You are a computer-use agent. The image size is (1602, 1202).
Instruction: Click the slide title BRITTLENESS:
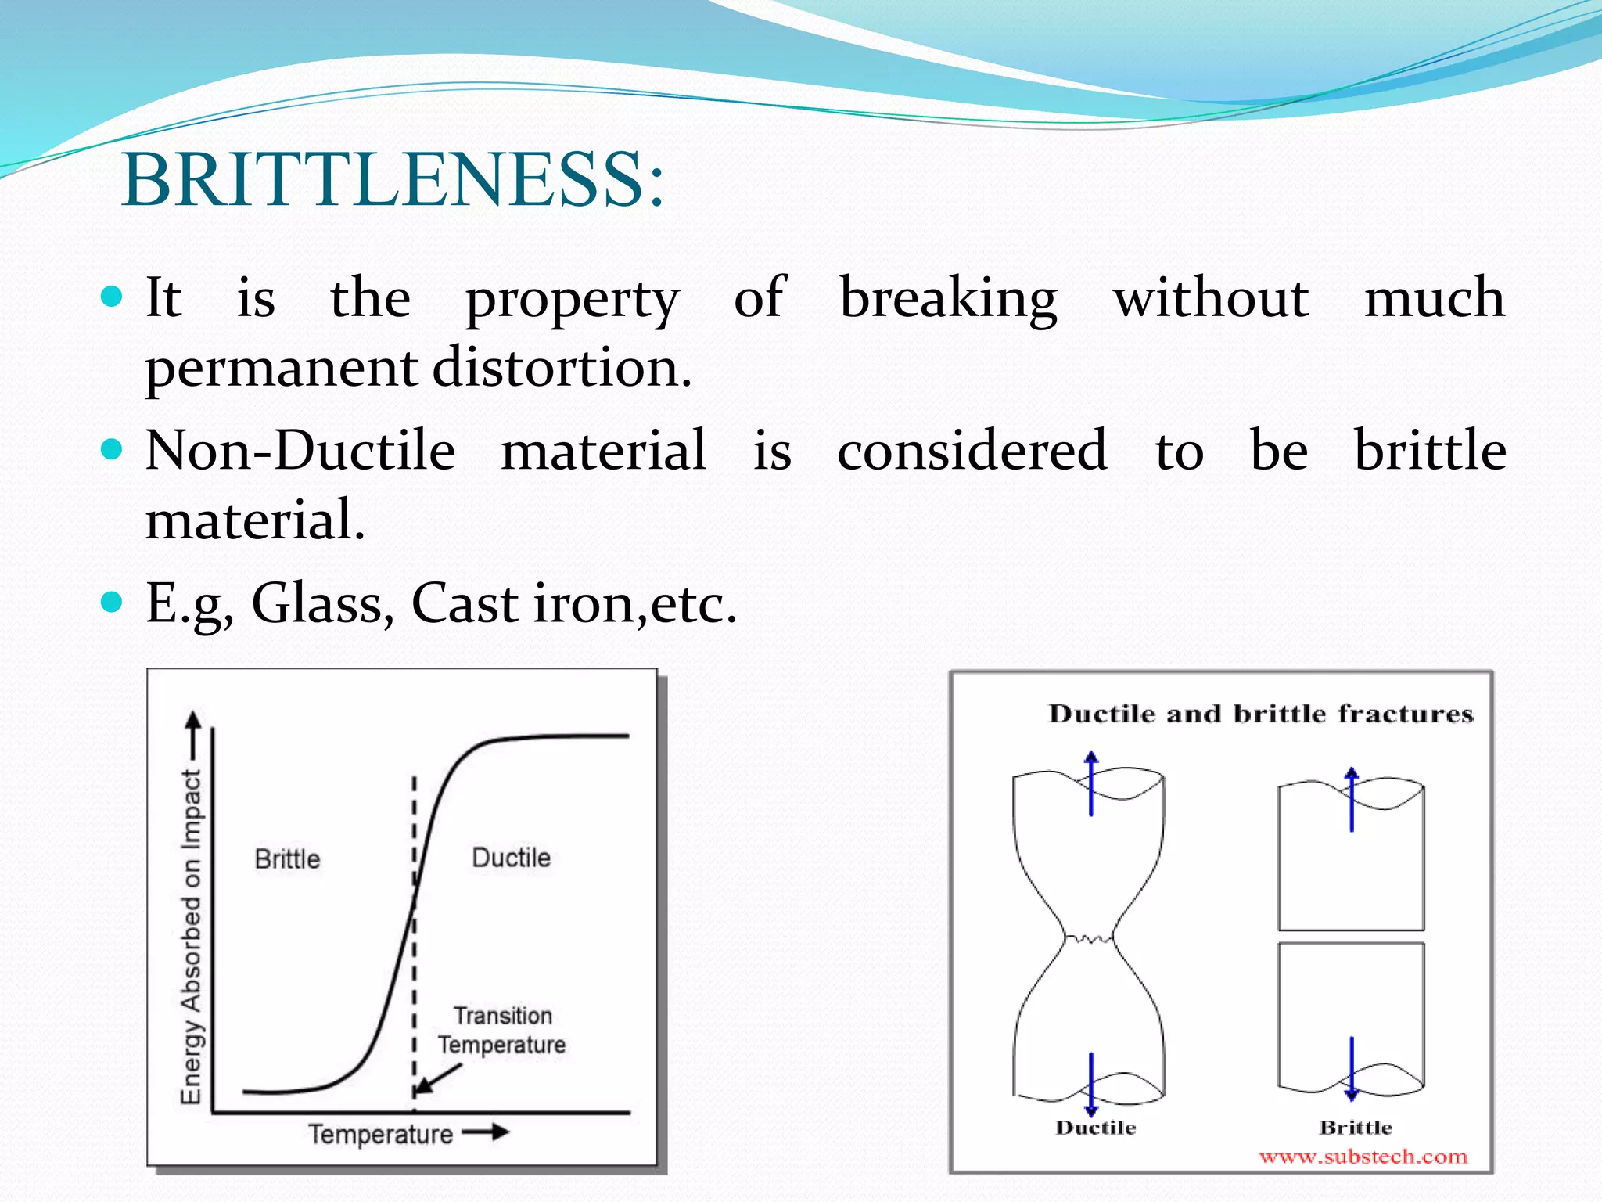click(393, 180)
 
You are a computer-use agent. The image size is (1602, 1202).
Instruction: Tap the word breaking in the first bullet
click(948, 299)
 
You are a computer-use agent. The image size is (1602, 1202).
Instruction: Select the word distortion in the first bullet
click(562, 368)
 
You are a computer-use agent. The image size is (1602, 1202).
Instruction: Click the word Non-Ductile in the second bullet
click(300, 451)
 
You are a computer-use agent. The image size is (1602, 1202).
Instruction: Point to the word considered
click(972, 451)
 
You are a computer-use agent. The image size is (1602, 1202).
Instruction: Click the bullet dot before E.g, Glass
click(113, 602)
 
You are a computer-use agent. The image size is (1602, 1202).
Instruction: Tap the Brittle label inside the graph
click(287, 859)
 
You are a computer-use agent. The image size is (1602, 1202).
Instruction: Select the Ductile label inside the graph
click(511, 858)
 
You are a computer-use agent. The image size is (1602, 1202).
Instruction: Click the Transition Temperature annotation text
click(502, 1030)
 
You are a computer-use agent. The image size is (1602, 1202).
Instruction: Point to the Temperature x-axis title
click(380, 1134)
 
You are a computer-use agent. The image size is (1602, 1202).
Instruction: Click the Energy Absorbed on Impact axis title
click(192, 935)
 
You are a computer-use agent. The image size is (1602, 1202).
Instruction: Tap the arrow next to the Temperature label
click(486, 1132)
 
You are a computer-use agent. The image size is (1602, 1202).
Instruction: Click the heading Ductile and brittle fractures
click(1260, 714)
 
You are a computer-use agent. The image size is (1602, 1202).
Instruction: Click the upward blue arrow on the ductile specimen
click(1091, 783)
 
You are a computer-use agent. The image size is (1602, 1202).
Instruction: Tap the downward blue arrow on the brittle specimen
click(1351, 1068)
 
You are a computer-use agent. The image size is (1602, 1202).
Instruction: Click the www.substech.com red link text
click(1363, 1157)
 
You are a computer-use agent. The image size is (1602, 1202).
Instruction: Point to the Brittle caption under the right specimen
click(1356, 1128)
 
